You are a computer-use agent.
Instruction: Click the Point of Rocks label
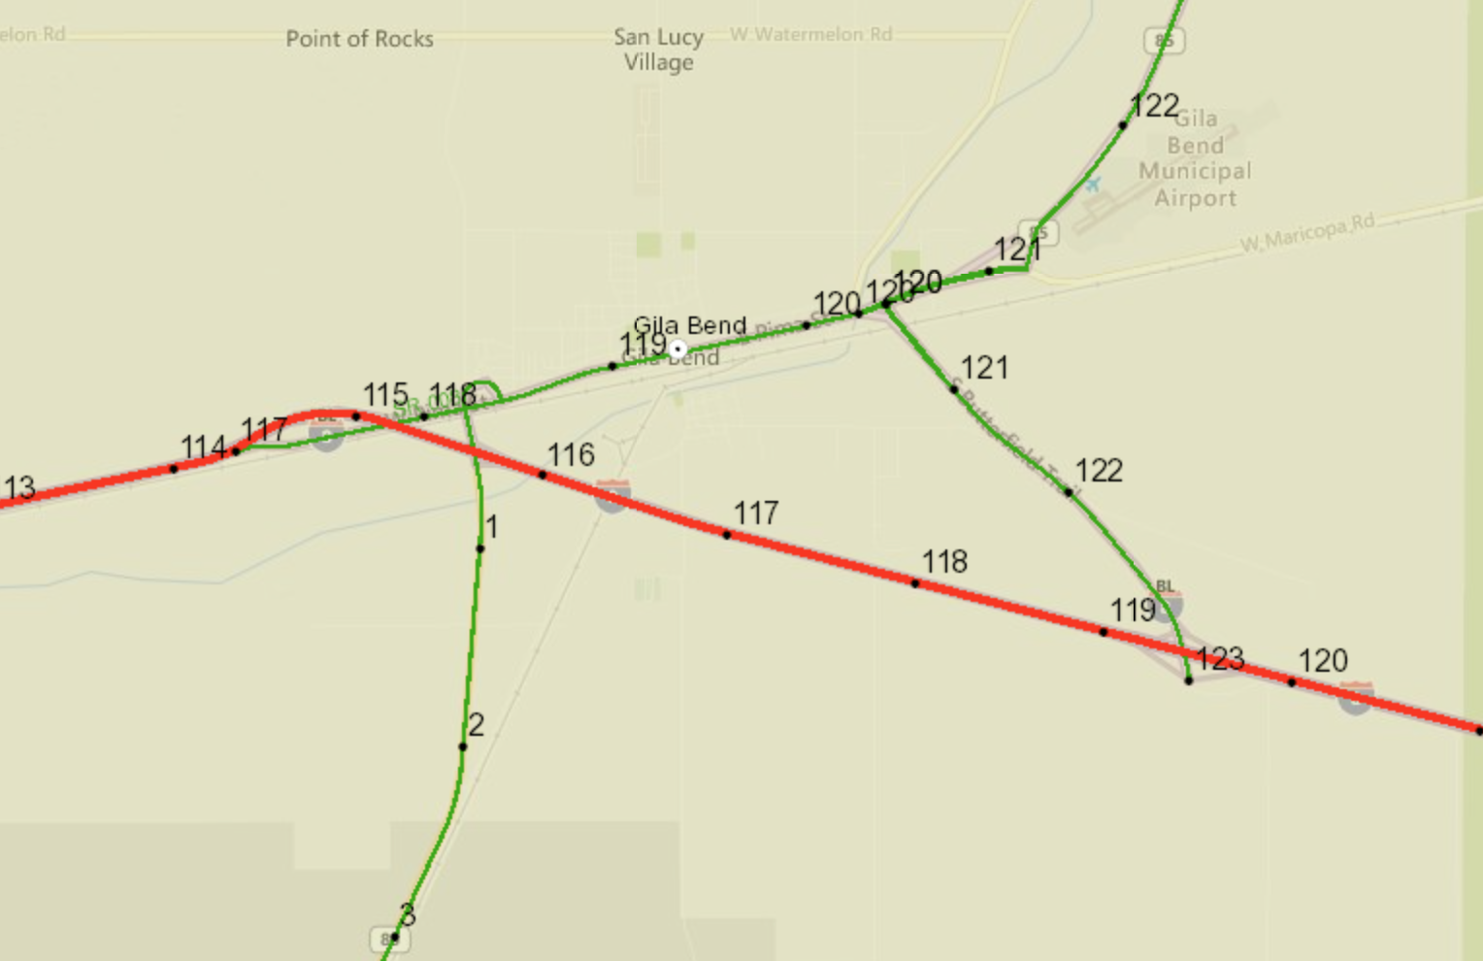pos(359,39)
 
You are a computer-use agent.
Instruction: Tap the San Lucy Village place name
pos(659,50)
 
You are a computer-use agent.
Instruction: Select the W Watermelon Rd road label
pos(811,34)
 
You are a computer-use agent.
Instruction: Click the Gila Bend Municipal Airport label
pos(1195,158)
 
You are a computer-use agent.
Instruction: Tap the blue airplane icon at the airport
pos(1094,183)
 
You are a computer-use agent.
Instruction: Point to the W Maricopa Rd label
pos(1307,233)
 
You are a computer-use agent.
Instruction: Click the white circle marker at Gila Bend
pos(678,348)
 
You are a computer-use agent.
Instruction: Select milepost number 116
pos(571,454)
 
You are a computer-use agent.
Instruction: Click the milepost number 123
pos(1221,659)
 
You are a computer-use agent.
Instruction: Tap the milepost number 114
pos(204,447)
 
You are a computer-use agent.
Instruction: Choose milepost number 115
pos(385,394)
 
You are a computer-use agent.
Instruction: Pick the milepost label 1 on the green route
pos(492,527)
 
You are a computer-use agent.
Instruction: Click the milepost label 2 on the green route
pos(477,724)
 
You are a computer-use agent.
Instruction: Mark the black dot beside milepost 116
pos(543,475)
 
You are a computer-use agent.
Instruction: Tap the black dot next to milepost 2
pos(463,746)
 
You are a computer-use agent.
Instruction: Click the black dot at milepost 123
pos(1189,680)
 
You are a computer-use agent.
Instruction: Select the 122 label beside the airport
pos(1155,106)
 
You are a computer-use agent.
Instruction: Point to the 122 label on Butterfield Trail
pos(1099,471)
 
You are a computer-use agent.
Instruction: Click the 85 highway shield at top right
pos(1164,41)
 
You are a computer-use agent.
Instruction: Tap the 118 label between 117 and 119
pos(944,562)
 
